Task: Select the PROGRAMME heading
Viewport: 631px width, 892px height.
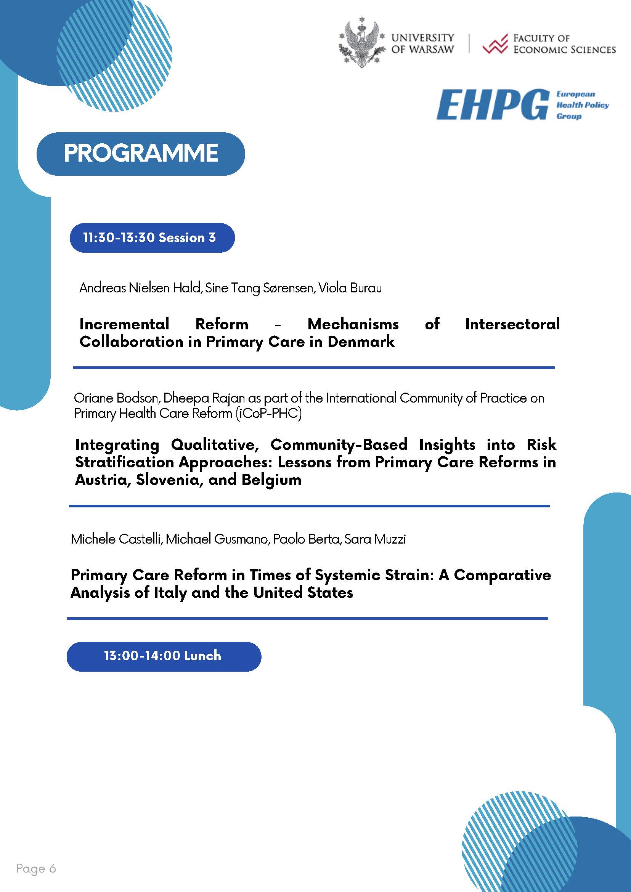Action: point(141,154)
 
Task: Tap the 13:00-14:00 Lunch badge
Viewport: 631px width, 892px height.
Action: point(164,656)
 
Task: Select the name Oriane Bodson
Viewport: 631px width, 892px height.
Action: point(116,398)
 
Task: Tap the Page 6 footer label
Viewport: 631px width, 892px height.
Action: point(36,868)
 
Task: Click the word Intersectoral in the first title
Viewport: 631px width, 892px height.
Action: point(512,324)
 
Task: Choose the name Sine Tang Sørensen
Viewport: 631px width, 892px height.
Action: point(260,288)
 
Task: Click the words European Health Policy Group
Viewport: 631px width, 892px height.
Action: point(582,105)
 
